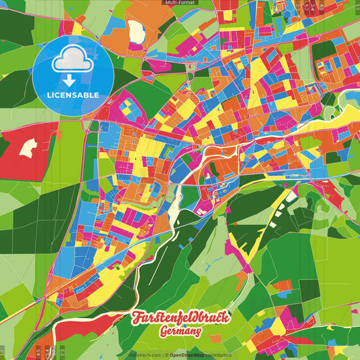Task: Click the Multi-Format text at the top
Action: (x=180, y=3)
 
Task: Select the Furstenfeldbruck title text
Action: (x=180, y=317)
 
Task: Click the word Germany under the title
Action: (x=180, y=332)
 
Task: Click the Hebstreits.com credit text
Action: (x=144, y=355)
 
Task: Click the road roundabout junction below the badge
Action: (x=87, y=125)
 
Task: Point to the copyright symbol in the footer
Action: (x=165, y=355)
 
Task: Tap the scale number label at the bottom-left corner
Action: (x=3, y=351)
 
